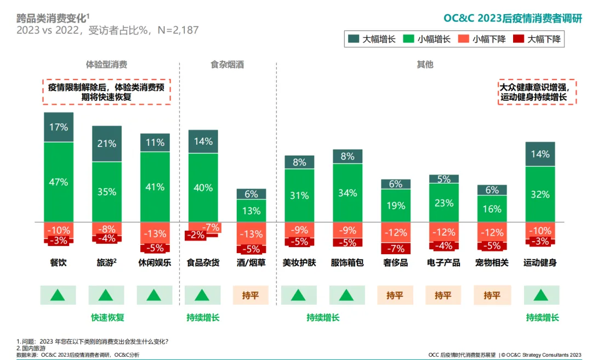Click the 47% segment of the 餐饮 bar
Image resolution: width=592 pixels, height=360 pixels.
click(59, 182)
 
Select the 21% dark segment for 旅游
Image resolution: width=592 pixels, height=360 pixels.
click(107, 144)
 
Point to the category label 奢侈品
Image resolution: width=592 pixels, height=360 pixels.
click(395, 262)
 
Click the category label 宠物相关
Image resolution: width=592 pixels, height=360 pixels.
click(492, 262)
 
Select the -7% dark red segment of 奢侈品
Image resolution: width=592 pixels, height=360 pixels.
click(395, 249)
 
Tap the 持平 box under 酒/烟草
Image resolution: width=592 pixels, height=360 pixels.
click(251, 295)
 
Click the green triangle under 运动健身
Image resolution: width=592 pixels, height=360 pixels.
click(540, 295)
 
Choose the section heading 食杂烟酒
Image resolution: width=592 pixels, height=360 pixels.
click(227, 65)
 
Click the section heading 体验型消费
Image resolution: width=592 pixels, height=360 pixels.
click(107, 65)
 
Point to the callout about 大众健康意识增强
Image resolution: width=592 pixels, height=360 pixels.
click(537, 92)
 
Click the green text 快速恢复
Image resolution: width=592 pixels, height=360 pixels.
click(107, 317)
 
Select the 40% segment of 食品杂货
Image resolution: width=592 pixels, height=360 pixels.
click(203, 187)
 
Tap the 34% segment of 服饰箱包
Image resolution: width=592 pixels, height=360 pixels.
click(348, 193)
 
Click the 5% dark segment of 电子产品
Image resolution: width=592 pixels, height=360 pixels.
click(443, 179)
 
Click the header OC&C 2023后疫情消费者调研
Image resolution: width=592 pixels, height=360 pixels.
click(513, 18)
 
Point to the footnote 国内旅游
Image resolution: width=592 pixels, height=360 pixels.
click(33, 348)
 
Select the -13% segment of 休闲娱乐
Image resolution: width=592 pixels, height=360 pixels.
click(155, 233)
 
